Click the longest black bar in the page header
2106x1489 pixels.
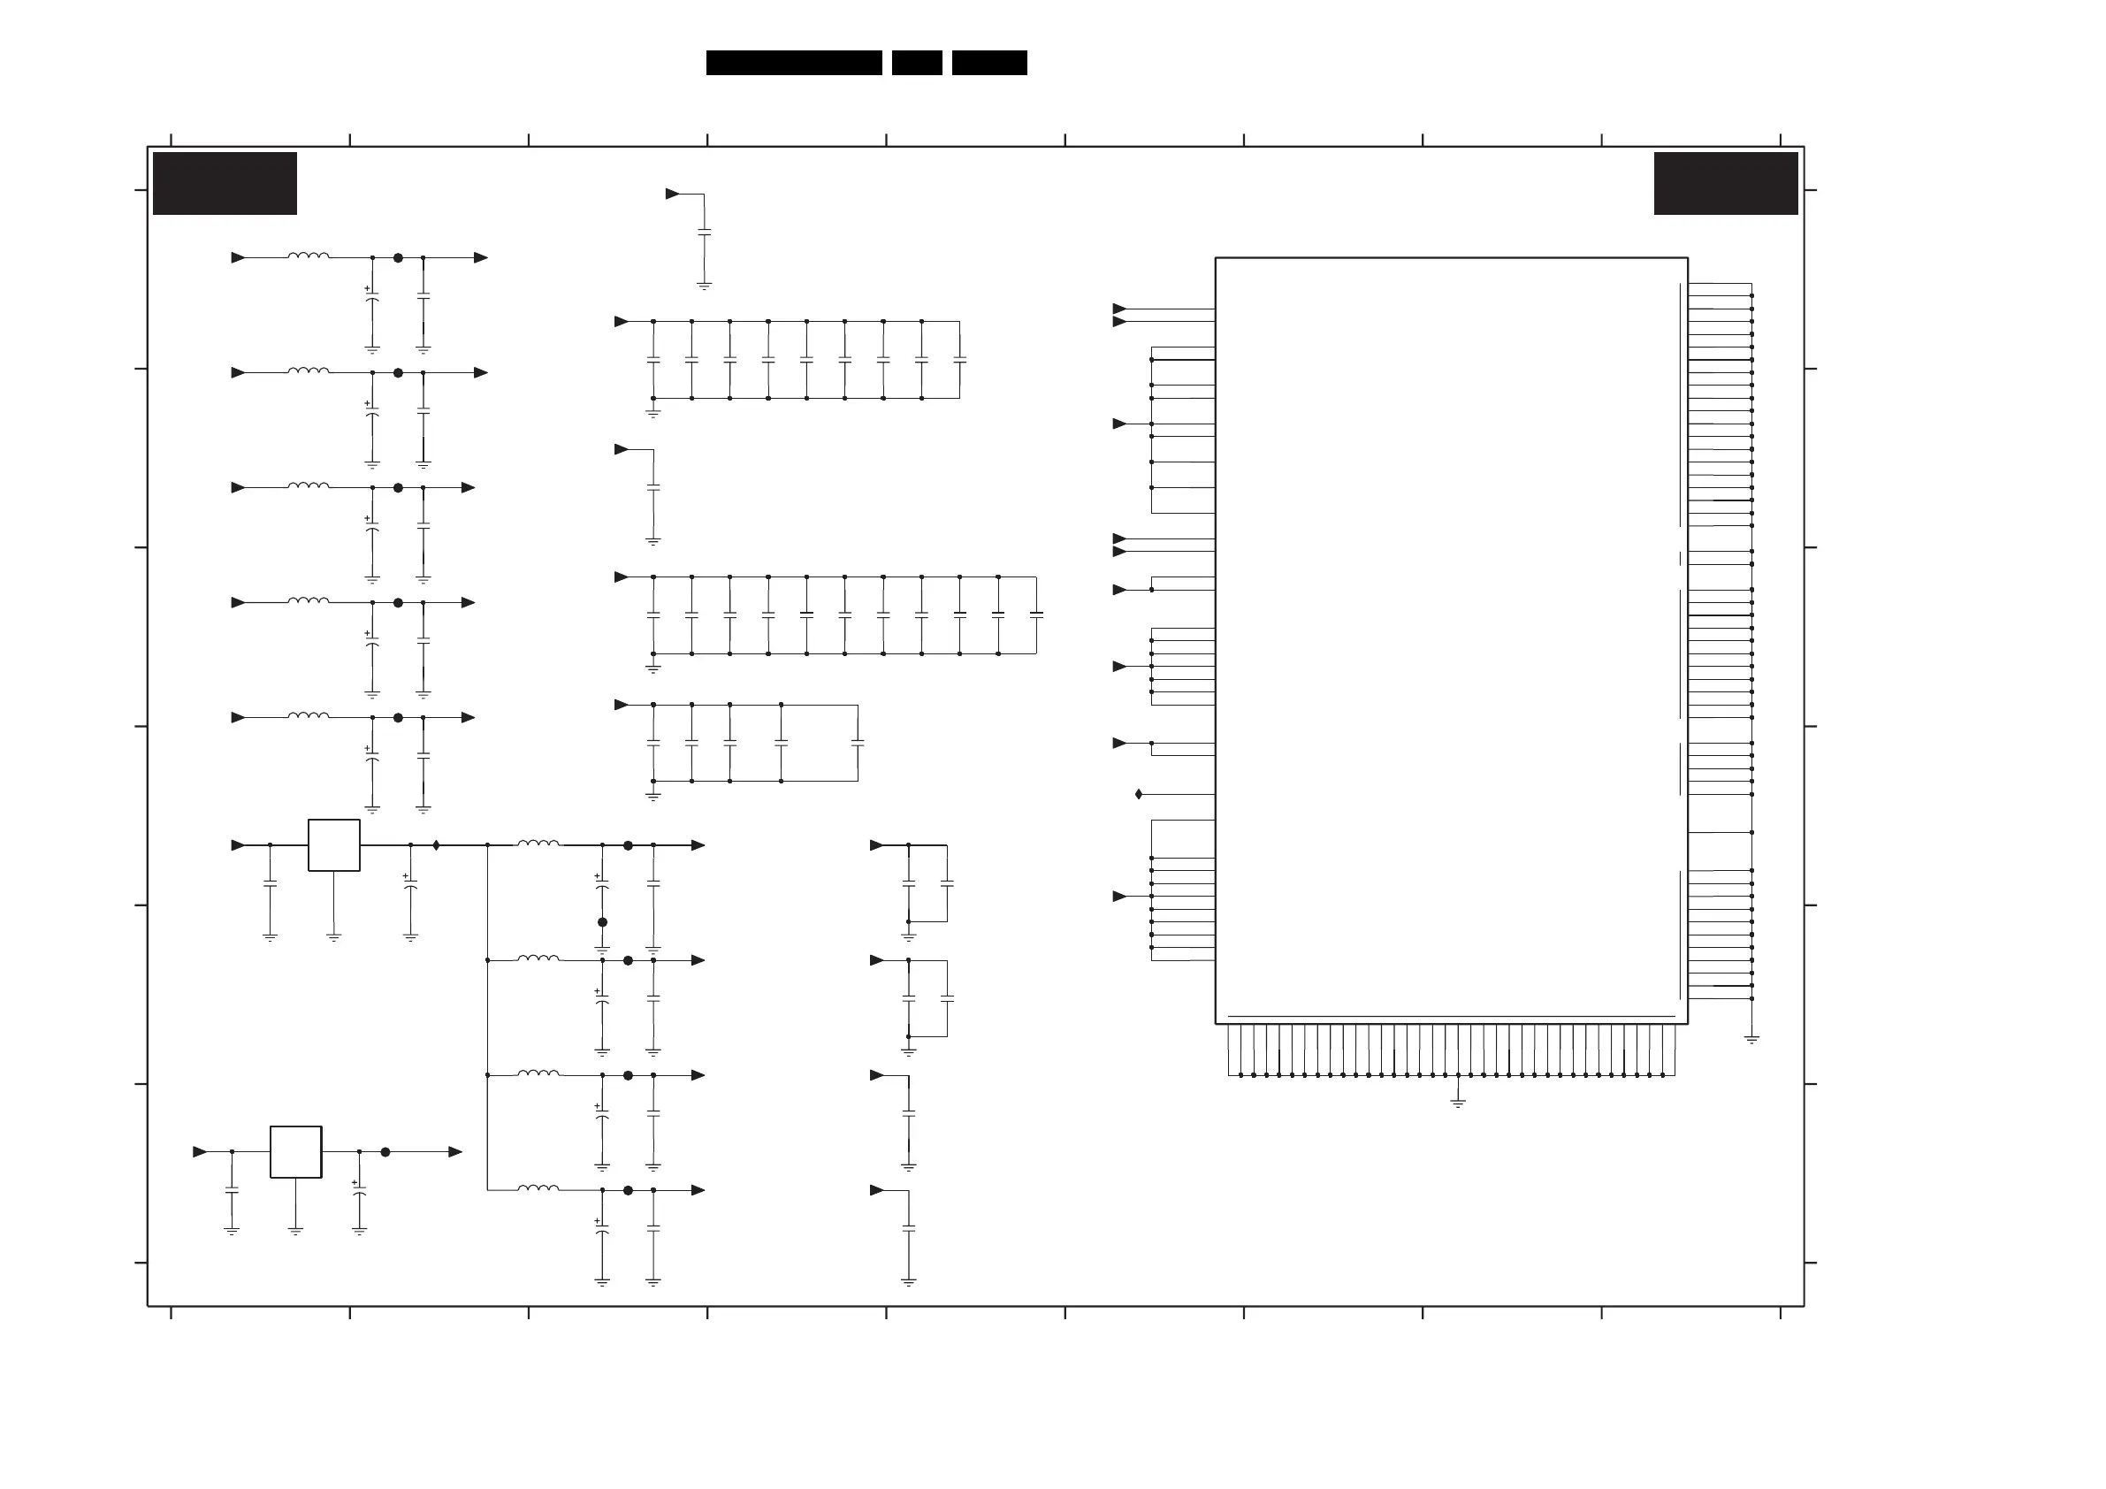[793, 63]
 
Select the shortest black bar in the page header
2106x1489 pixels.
[916, 63]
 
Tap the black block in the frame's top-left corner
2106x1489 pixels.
[225, 184]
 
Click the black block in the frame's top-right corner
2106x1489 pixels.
[1725, 184]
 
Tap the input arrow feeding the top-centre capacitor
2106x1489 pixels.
[672, 194]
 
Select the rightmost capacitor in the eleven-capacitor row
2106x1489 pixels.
[1036, 615]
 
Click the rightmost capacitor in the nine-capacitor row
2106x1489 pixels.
[959, 360]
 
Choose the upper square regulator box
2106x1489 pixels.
[334, 845]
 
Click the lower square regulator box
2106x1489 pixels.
[295, 1151]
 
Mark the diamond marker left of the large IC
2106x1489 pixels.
[1138, 794]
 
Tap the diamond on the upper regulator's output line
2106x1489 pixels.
[436, 845]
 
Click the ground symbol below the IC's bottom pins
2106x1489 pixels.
[1458, 1103]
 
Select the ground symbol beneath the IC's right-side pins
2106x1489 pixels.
[1751, 1041]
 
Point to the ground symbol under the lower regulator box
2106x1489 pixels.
[295, 1231]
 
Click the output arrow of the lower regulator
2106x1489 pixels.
[455, 1151]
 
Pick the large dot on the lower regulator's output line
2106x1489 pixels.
[385, 1151]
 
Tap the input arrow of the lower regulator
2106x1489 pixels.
[200, 1151]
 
